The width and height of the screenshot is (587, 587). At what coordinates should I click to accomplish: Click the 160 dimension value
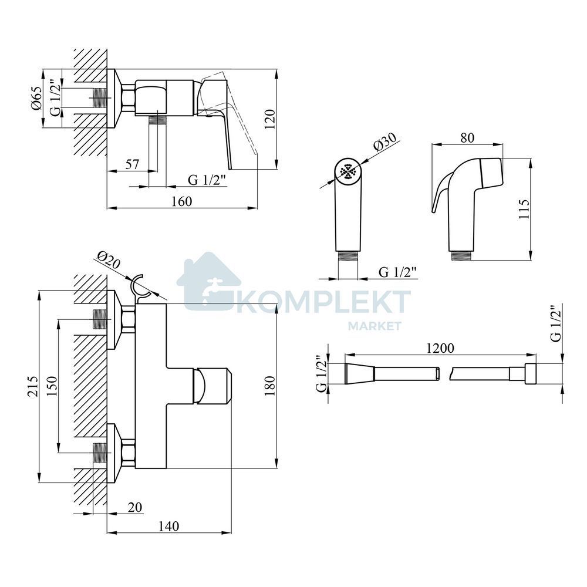pos(181,201)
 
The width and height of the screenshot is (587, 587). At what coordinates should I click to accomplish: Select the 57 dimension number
pos(131,164)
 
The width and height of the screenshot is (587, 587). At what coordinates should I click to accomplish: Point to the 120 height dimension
pos(270,119)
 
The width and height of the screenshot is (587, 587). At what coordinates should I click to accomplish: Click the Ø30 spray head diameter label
pos(384,142)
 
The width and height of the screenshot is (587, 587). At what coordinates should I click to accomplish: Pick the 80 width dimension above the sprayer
pos(467,138)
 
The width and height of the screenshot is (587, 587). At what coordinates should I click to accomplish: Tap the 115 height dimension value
pos(524,209)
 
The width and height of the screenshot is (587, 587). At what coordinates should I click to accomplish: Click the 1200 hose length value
pos(440,348)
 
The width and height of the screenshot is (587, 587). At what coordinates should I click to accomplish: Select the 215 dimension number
pos(32,386)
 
